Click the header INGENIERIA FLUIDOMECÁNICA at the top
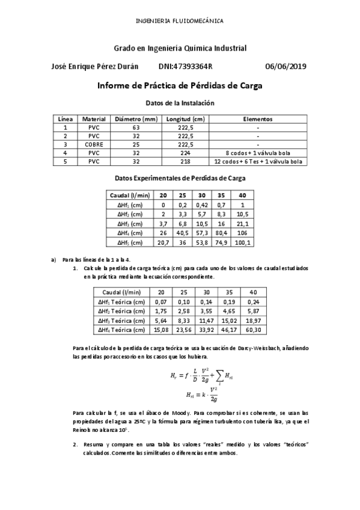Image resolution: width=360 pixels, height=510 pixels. click(180, 20)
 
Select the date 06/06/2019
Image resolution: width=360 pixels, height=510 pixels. click(285, 67)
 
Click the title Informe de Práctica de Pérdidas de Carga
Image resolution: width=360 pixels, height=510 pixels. click(180, 86)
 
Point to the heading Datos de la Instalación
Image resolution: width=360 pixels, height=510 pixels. click(180, 103)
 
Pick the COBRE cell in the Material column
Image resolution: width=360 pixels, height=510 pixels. click(94, 144)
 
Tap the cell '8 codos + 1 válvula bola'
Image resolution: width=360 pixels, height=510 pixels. click(257, 153)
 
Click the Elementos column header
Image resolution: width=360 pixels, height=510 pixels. click(257, 119)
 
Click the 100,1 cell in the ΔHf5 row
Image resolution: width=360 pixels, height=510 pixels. click(242, 243)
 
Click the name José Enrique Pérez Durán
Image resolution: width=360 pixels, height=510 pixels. click(95, 67)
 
